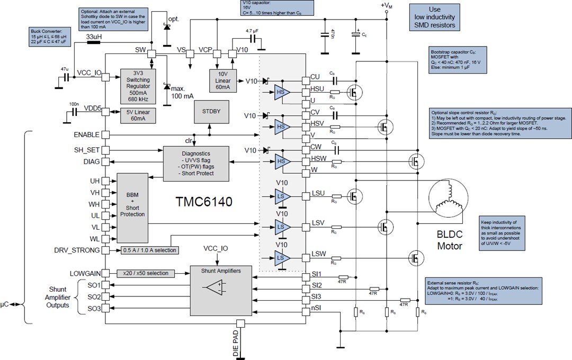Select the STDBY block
[210, 111]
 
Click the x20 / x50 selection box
[146, 273]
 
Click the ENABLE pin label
[87, 135]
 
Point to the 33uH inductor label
[94, 36]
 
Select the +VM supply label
[387, 6]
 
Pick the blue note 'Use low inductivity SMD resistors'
[434, 17]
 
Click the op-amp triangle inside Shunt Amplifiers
[215, 289]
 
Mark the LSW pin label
[319, 254]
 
